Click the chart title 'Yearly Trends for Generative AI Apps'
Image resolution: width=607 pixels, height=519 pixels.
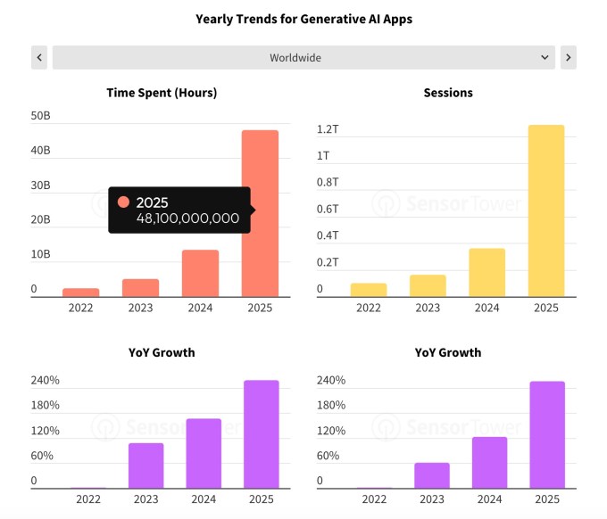303,19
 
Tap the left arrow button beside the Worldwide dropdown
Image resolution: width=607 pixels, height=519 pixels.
39,58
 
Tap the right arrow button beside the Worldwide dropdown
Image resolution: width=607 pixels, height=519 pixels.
568,58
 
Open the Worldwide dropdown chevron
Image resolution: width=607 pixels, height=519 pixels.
545,58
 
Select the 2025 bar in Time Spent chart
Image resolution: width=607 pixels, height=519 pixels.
260,214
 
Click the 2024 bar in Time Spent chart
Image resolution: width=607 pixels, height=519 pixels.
201,273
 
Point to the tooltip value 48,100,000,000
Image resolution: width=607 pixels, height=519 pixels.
187,218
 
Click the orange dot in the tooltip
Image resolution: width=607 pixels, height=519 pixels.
123,202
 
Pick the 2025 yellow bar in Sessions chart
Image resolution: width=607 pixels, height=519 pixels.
546,210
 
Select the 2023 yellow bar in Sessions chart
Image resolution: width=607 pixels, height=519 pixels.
428,285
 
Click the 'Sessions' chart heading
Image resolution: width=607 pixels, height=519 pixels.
448,93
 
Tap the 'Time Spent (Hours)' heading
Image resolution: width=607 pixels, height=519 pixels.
162,93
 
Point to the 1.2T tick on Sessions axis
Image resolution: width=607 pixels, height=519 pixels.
328,130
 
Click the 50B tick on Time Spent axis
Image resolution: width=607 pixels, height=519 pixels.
40,116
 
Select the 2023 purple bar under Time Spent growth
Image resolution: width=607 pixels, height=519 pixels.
146,465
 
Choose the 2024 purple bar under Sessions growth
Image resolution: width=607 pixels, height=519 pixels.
489,463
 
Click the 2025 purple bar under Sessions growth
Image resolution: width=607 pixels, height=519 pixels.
546,435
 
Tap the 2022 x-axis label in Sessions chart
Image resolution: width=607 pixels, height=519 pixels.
369,308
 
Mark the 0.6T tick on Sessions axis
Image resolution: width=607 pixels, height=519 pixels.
328,210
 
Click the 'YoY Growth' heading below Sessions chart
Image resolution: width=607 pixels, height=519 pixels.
448,352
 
